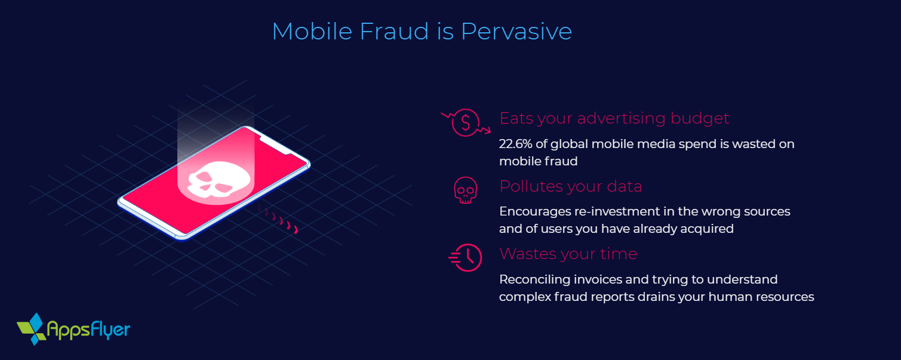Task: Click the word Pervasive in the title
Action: click(516, 32)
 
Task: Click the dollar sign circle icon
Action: click(465, 122)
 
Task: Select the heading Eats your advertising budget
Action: click(614, 118)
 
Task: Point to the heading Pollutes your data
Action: click(570, 186)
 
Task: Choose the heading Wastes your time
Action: click(568, 254)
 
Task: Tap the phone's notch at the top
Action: click(272, 142)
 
